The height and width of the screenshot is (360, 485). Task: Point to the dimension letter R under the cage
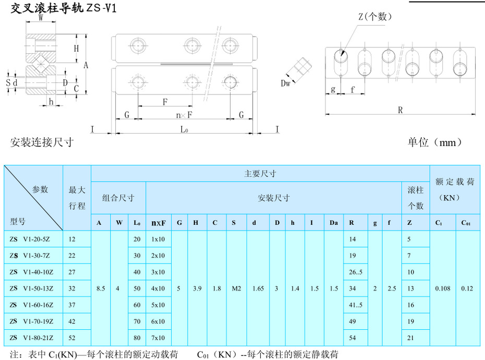[x=401, y=110]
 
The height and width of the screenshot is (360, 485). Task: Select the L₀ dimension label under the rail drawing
[x=184, y=129]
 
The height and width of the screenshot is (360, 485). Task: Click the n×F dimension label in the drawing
[x=184, y=115]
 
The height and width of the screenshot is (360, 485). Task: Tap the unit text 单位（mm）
[x=435, y=142]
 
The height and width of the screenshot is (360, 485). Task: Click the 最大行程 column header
[x=77, y=198]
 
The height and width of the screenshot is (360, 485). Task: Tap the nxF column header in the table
[x=159, y=223]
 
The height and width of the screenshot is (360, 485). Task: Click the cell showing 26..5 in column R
[x=356, y=272]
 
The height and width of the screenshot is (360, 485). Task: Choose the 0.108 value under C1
[x=442, y=289]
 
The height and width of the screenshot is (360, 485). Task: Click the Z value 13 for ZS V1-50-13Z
[x=411, y=289]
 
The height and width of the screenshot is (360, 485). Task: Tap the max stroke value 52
[x=72, y=338]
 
